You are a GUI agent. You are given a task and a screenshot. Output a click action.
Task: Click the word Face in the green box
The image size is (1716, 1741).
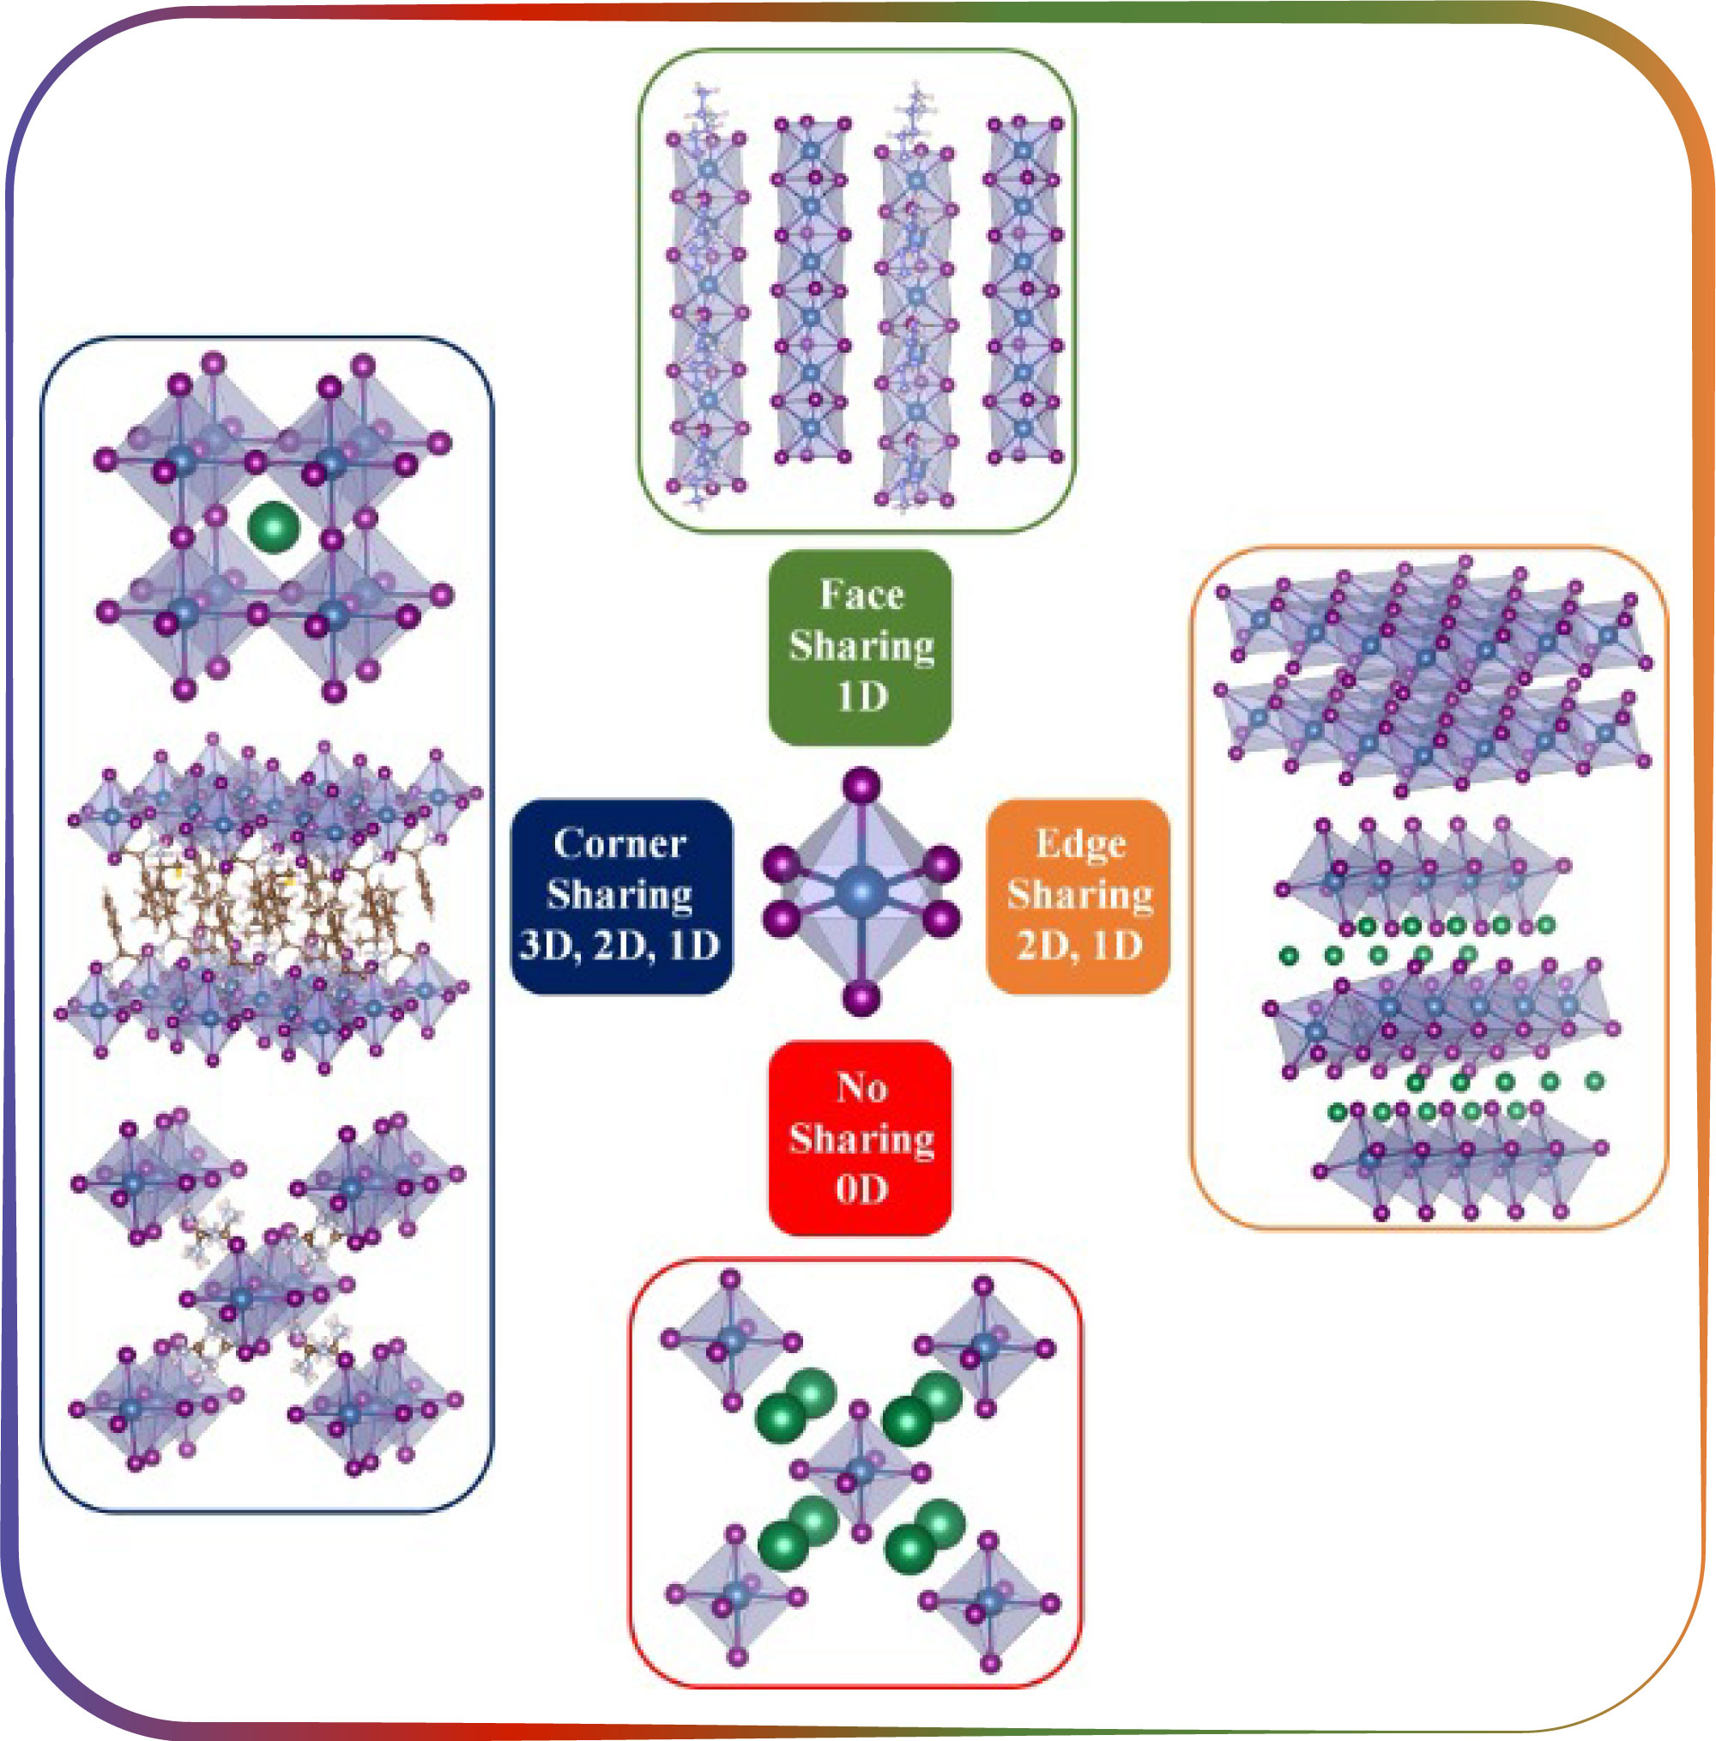861,595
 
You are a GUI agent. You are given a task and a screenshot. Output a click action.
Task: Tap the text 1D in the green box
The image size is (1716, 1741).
862,697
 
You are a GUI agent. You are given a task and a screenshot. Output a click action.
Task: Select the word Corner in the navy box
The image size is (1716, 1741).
620,844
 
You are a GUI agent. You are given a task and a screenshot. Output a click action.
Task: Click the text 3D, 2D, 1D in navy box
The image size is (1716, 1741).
620,946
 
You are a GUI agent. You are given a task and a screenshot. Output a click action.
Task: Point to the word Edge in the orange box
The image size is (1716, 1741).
1080,844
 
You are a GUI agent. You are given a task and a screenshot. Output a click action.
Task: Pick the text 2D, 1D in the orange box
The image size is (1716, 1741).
1079,946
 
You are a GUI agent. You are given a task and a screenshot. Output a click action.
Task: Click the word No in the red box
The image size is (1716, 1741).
861,1088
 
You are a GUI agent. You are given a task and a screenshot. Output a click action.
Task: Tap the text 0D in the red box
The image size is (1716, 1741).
861,1189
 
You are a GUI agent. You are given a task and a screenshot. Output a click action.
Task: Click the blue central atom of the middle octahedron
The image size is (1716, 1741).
862,892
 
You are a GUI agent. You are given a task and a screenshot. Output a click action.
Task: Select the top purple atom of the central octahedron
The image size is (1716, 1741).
862,785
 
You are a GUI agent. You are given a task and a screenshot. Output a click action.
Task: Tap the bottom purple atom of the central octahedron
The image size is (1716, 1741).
862,999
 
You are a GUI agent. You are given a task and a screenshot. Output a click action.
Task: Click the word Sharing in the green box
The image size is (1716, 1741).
861,646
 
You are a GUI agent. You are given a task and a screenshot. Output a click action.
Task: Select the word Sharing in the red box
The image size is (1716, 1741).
861,1139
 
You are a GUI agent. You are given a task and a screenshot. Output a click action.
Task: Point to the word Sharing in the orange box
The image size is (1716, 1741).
1080,895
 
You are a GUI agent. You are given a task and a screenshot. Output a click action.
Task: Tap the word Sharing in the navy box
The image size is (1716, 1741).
620,895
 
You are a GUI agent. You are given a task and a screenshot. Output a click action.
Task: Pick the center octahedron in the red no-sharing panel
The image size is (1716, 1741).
860,1471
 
